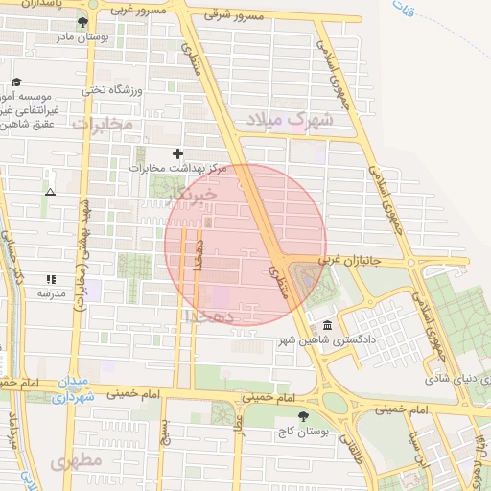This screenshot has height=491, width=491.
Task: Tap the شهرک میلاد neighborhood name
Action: pos(289,121)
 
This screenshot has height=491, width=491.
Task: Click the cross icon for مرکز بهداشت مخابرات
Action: pos(175,153)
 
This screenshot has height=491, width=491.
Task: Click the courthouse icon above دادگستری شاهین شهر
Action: pos(328,326)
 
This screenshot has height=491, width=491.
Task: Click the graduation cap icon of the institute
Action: pos(15,83)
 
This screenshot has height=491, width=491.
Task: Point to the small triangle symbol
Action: pos(50,192)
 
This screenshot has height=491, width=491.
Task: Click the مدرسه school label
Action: pos(50,292)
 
